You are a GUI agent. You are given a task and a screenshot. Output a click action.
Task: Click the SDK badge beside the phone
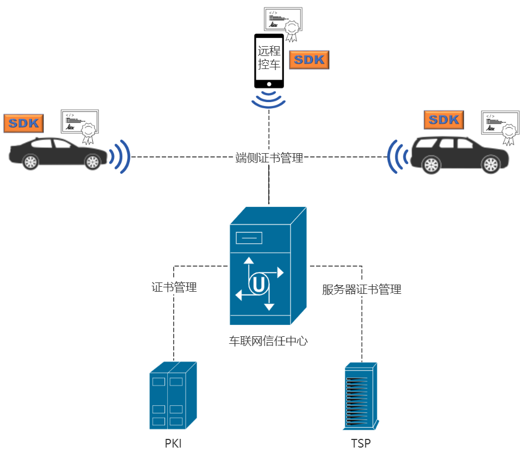pos(309,60)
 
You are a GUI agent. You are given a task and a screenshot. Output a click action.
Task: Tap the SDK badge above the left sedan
pos(23,123)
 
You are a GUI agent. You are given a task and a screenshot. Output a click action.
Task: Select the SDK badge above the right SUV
pos(444,120)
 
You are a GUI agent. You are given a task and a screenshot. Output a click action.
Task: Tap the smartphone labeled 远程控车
pos(269,60)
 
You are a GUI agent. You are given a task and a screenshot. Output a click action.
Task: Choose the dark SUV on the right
pos(459,155)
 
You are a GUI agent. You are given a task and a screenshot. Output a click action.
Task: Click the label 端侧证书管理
pos(269,159)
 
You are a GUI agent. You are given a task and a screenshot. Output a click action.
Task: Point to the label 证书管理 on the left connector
pos(174,287)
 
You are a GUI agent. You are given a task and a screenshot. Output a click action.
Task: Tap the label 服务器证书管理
pos(362,290)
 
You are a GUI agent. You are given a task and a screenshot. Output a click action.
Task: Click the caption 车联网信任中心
pos(268,341)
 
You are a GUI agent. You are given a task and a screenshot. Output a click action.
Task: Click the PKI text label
pos(173,443)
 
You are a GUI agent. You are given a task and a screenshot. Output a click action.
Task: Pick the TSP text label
pos(361,443)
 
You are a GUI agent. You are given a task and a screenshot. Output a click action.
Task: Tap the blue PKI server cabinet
pos(172,396)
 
